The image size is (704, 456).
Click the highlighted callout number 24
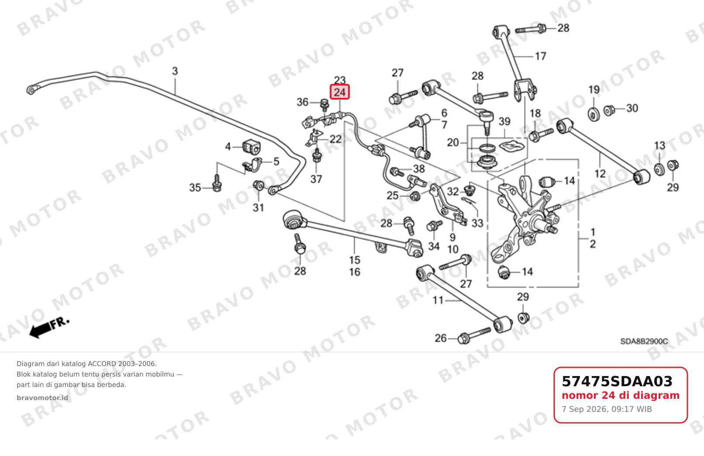tap(339, 92)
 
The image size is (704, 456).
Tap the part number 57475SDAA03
tap(617, 381)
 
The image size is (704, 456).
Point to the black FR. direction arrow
tap(49, 328)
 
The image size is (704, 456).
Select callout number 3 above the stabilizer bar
tap(175, 71)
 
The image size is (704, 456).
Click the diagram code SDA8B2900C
tap(644, 341)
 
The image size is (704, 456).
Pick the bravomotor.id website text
tap(42, 397)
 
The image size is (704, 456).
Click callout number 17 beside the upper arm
tap(541, 56)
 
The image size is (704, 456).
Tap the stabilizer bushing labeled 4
tap(252, 147)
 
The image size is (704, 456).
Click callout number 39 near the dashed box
tap(504, 121)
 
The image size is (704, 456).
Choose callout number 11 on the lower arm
tap(438, 301)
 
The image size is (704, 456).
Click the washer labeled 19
tap(594, 114)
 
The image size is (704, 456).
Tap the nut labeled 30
tap(609, 111)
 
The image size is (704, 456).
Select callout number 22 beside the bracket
tap(336, 139)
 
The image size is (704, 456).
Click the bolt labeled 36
tap(324, 105)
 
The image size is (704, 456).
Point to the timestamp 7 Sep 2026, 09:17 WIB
tap(607, 409)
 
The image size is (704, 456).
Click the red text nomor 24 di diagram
tap(621, 395)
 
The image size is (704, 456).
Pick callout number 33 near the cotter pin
tap(477, 223)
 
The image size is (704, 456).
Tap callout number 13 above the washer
tap(660, 145)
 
